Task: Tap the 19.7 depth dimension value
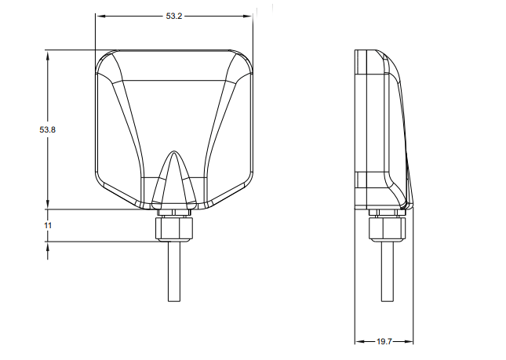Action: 384,342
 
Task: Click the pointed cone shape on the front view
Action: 174,177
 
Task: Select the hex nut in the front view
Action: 174,228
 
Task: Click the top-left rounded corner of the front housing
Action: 104,60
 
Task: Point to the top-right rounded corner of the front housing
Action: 244,60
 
